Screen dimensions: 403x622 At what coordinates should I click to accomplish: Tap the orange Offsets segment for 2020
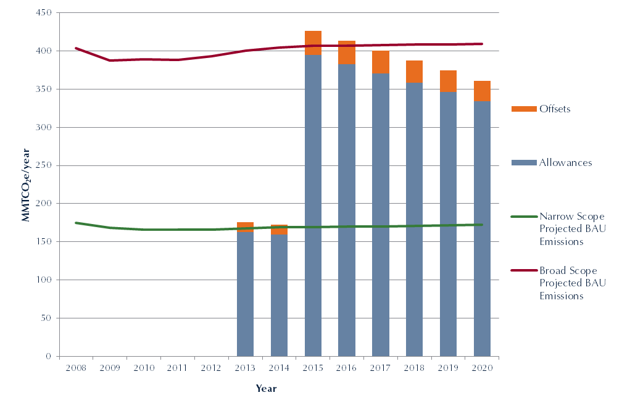tap(482, 91)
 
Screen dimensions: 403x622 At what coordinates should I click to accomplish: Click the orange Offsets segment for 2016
tap(347, 52)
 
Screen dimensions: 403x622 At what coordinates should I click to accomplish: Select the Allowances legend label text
tap(565, 163)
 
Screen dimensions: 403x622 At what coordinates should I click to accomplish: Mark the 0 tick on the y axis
tap(49, 357)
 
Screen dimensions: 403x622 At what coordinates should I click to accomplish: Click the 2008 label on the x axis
tap(75, 368)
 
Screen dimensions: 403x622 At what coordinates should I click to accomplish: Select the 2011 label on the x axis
tap(177, 368)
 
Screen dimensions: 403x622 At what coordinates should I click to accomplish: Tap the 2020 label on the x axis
tap(482, 368)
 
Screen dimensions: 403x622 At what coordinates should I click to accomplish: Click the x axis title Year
tap(267, 389)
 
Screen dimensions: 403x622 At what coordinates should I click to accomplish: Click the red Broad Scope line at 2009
tap(110, 60)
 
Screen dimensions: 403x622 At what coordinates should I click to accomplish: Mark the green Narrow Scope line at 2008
tap(76, 223)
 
